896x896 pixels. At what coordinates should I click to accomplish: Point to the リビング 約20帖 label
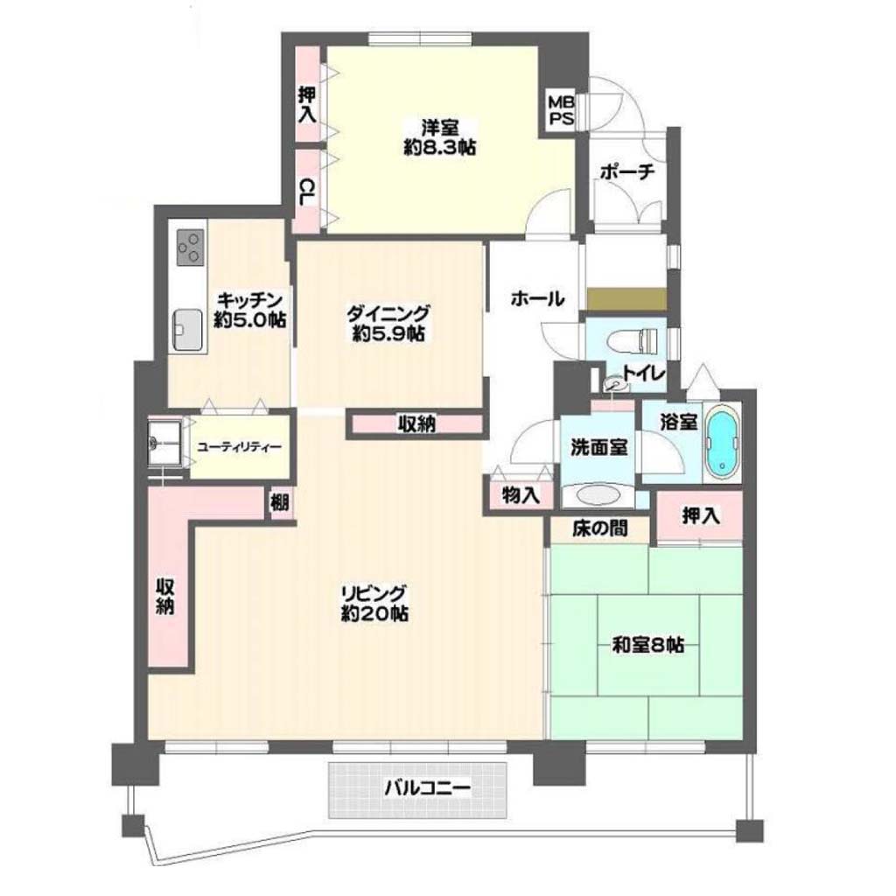(x=374, y=602)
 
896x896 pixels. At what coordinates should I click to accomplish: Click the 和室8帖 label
(x=648, y=645)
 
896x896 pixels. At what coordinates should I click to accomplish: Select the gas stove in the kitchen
(x=190, y=247)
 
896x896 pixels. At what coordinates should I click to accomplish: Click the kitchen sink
(x=187, y=330)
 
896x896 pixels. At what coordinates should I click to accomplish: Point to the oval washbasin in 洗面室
(x=598, y=494)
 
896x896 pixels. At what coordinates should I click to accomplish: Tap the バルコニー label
(x=427, y=789)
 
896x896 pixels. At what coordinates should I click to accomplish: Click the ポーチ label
(x=626, y=171)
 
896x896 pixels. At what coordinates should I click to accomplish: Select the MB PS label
(x=561, y=110)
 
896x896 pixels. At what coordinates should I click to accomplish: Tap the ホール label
(x=537, y=297)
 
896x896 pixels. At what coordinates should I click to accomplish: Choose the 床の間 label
(x=600, y=528)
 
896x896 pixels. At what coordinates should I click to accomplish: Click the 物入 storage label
(x=521, y=495)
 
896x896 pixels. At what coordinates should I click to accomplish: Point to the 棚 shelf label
(x=280, y=503)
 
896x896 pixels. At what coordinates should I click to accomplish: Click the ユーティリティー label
(x=239, y=446)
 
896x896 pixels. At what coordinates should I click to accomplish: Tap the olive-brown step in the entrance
(x=626, y=299)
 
